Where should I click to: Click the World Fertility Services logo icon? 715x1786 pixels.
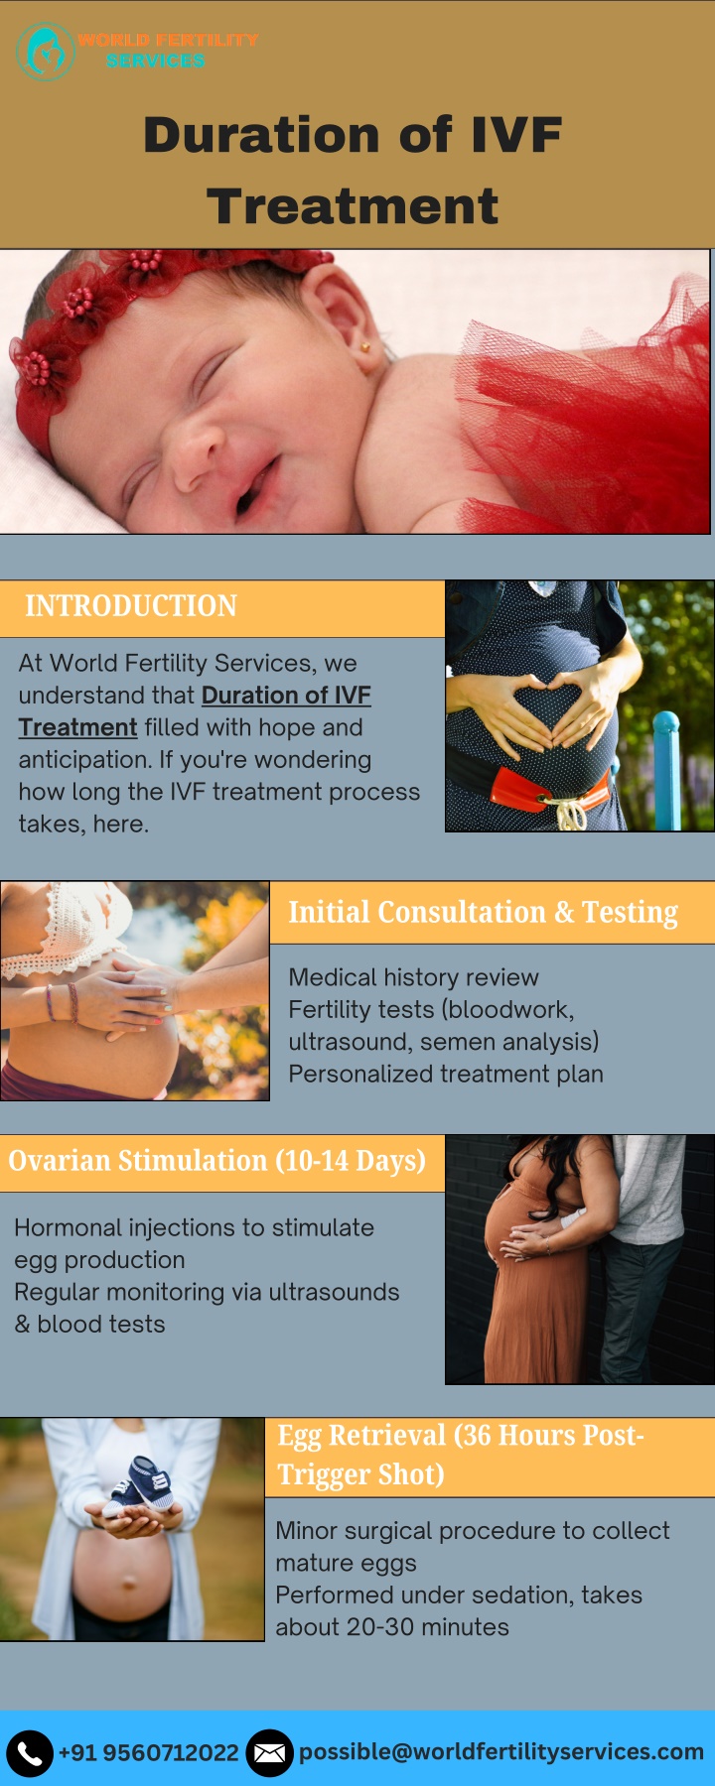point(46,52)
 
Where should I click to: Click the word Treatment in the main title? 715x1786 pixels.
point(353,206)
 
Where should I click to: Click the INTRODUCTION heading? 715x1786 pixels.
point(131,606)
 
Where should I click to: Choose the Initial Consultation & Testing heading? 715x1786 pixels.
point(483,912)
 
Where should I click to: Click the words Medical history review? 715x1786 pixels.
point(413,977)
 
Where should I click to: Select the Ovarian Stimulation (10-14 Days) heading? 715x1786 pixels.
point(216,1161)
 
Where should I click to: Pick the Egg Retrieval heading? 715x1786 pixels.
point(461,1455)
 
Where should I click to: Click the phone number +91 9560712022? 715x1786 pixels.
point(149,1753)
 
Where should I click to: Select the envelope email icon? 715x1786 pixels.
point(269,1753)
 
